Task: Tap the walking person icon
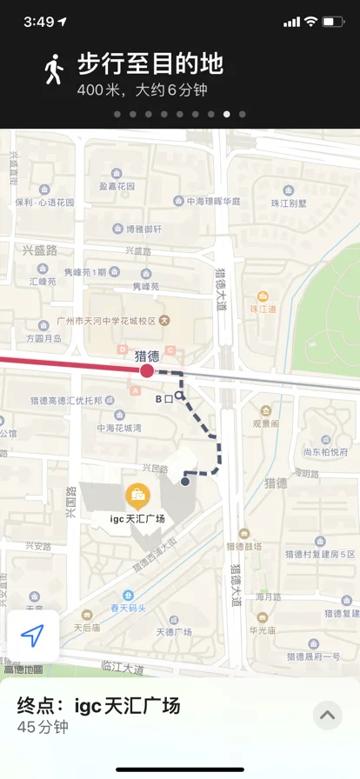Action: tap(55, 70)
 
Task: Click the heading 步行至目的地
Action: tap(150, 63)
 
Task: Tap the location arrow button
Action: tap(32, 636)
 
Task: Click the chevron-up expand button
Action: tap(327, 716)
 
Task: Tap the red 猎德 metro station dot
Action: tap(147, 371)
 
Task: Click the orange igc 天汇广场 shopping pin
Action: tap(137, 496)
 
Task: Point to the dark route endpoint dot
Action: tap(185, 481)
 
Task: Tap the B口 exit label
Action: tap(164, 399)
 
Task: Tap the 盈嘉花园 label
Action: tap(117, 187)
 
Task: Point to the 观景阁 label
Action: tap(265, 423)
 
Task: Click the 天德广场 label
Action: tap(173, 632)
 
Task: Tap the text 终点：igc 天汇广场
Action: tap(99, 705)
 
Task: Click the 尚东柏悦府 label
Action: tap(326, 452)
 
